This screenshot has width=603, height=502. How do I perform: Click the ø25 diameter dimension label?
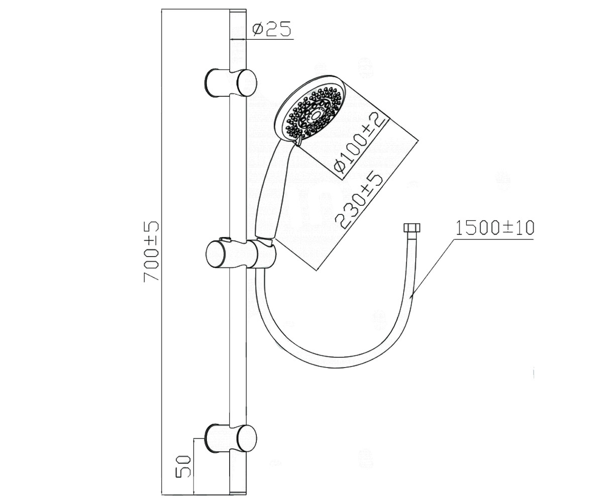(x=271, y=29)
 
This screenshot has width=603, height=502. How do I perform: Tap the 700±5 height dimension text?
(x=151, y=252)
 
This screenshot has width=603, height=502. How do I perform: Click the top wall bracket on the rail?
(x=230, y=83)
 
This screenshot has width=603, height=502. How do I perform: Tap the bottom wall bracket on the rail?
(x=230, y=438)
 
